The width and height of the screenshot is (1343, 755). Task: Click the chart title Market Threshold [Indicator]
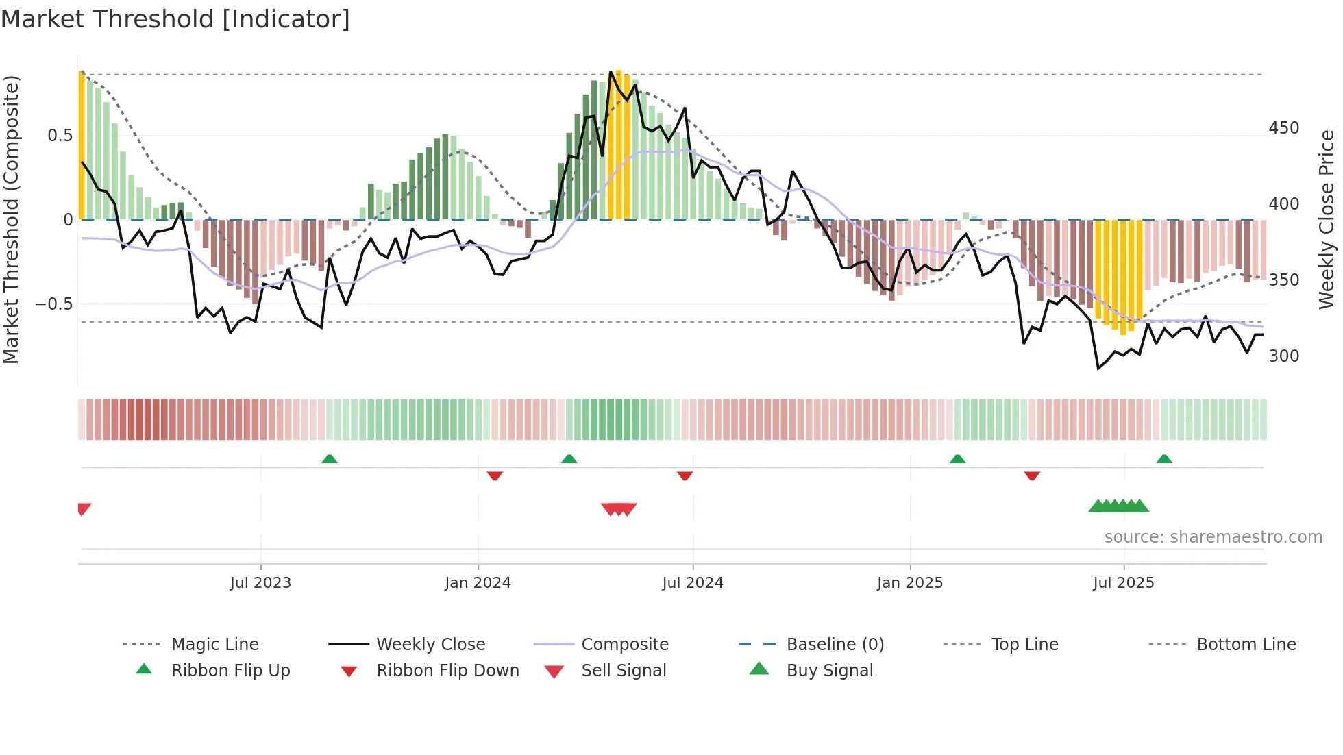pyautogui.click(x=175, y=19)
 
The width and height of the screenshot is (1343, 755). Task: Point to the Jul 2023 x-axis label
pyautogui.click(x=260, y=583)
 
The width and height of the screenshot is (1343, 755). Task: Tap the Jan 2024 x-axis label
pyautogui.click(x=478, y=583)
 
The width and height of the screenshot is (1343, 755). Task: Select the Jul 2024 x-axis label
pyautogui.click(x=692, y=583)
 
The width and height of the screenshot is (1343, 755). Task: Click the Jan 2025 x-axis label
pyautogui.click(x=910, y=583)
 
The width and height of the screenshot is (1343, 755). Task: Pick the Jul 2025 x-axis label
pyautogui.click(x=1123, y=583)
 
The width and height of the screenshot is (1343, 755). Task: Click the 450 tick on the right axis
pyautogui.click(x=1283, y=128)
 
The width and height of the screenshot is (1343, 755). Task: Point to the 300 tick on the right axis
pyautogui.click(x=1283, y=356)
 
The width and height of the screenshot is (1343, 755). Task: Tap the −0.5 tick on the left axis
pyautogui.click(x=53, y=304)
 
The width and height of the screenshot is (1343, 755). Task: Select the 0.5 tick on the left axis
pyautogui.click(x=60, y=136)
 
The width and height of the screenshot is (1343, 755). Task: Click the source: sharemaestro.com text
pyautogui.click(x=1213, y=537)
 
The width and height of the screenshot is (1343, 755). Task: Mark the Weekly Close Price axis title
pyautogui.click(x=1327, y=219)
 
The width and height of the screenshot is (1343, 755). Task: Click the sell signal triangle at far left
pyautogui.click(x=84, y=509)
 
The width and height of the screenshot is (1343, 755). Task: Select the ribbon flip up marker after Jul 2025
pyautogui.click(x=1164, y=459)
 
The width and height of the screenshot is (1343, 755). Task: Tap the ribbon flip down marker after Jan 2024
pyautogui.click(x=495, y=475)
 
